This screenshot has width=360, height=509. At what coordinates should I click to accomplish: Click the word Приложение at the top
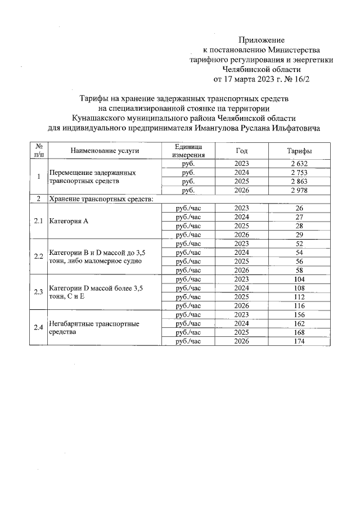tap(262, 40)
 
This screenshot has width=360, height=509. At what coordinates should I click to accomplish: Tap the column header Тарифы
tap(300, 151)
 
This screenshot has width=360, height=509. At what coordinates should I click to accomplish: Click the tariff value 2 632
tap(299, 163)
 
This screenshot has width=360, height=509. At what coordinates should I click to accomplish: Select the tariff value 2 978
tap(299, 191)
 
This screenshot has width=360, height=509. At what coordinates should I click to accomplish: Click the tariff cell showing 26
tap(299, 208)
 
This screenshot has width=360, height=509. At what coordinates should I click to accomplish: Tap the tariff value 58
tap(299, 271)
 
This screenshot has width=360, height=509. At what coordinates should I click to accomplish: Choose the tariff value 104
tap(299, 279)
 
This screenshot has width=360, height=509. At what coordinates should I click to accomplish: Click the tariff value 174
tap(299, 341)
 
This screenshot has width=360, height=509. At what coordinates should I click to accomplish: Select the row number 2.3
tap(38, 292)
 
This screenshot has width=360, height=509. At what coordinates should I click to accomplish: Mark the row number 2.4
tap(38, 328)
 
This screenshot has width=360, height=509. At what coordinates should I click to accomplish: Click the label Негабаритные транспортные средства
tap(93, 328)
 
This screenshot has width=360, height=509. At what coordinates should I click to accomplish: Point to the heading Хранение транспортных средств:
tap(101, 199)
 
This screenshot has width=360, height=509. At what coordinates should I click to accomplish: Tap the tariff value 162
tap(299, 324)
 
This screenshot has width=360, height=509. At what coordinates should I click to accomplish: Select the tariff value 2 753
tap(299, 173)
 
